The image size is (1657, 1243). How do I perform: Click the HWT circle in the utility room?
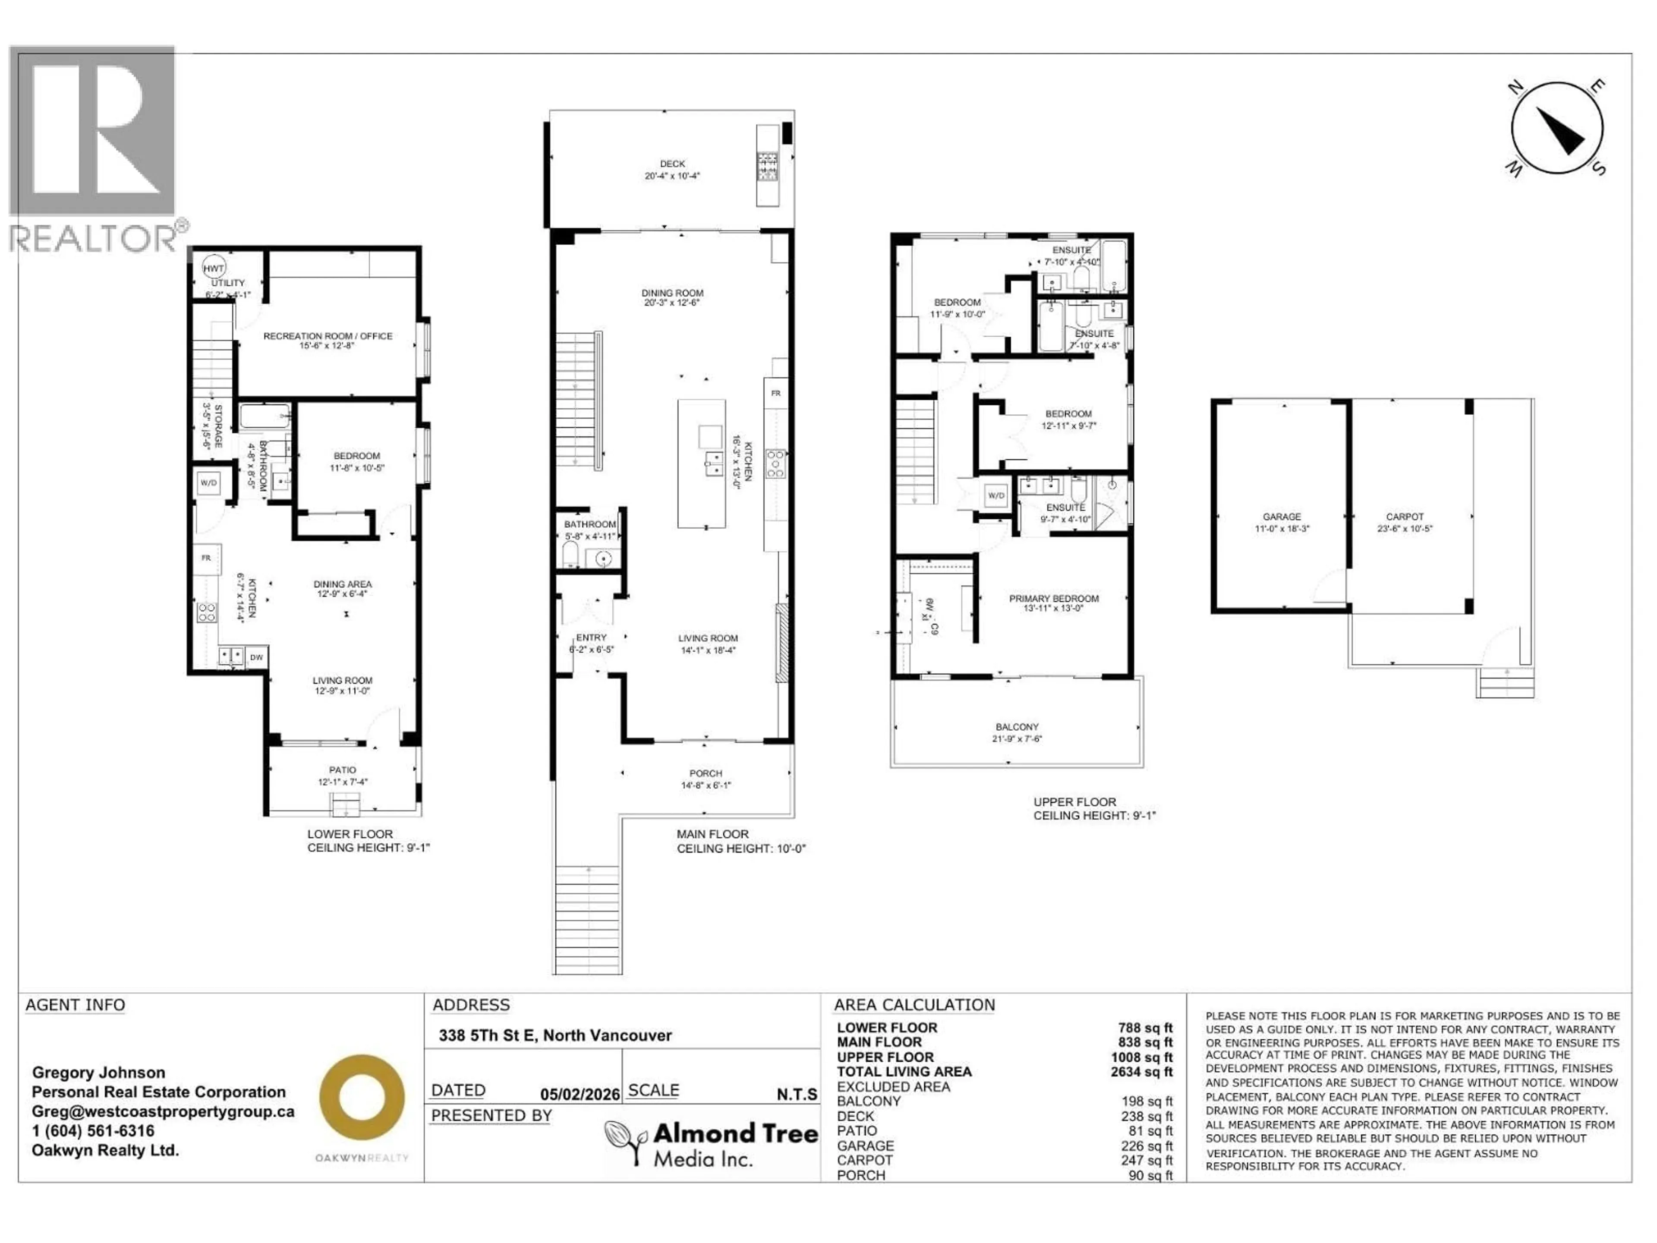point(214,268)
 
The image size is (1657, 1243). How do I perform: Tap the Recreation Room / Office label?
point(328,336)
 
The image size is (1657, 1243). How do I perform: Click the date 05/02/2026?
point(580,1095)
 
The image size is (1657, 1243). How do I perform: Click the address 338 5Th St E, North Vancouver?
point(555,1035)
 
